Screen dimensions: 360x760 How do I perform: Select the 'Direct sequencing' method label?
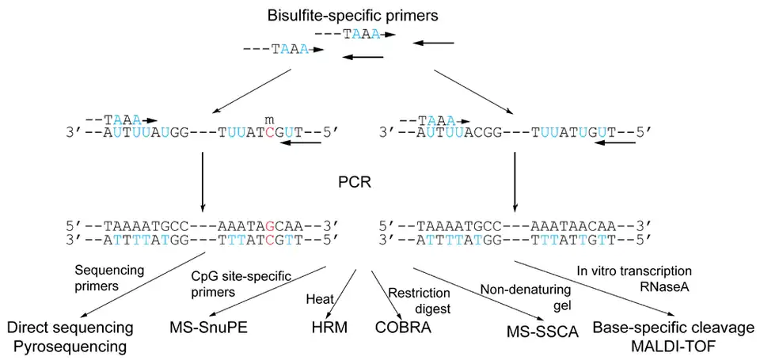click(x=70, y=328)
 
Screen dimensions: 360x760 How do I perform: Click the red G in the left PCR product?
click(x=271, y=224)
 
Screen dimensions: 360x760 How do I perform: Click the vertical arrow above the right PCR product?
click(x=515, y=180)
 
